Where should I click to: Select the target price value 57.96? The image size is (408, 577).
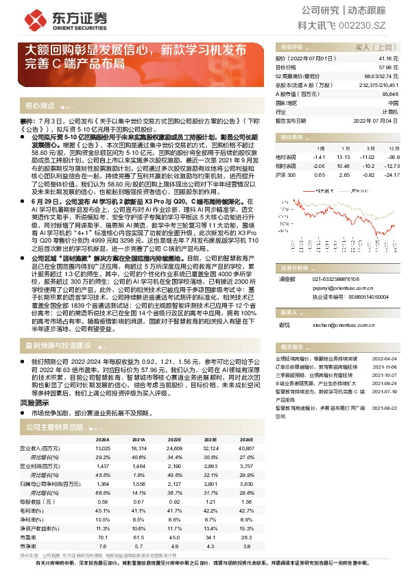[389, 68]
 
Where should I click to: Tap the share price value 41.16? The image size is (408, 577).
[389, 60]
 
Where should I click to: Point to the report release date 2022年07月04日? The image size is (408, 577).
[380, 121]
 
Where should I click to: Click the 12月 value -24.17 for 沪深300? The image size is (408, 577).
[392, 175]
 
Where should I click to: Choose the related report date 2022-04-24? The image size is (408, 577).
[384, 358]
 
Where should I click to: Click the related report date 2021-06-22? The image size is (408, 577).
[384, 407]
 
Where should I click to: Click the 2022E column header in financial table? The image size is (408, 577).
[174, 439]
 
